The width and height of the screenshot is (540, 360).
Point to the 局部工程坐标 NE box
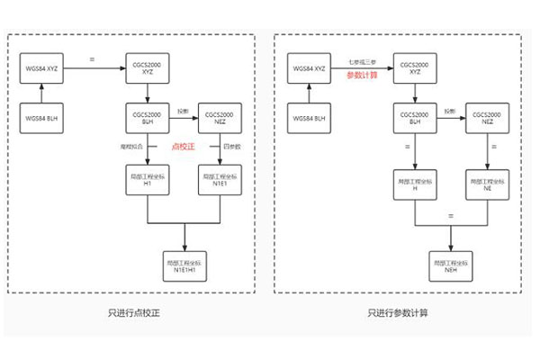(x=486, y=182)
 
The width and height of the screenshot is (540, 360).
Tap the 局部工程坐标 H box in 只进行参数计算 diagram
(x=413, y=182)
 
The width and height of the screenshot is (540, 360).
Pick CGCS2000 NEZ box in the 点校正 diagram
(x=220, y=117)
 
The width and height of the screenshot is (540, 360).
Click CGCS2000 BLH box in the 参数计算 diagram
(x=413, y=117)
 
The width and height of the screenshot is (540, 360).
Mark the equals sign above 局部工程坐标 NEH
(x=450, y=216)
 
